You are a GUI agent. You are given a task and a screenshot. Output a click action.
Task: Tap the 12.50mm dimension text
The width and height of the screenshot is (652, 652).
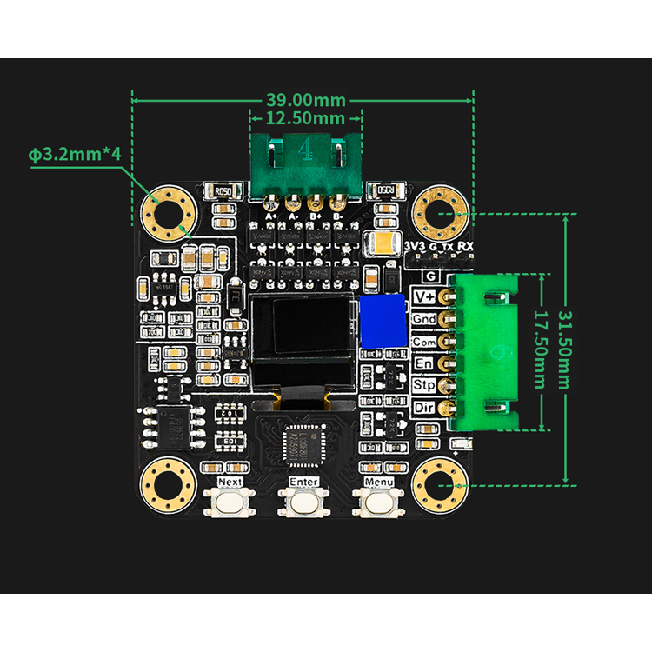point(304,117)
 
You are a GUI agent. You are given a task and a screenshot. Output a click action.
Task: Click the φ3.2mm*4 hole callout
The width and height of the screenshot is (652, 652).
point(73,155)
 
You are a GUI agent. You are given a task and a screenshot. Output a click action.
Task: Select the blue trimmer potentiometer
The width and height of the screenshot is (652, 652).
point(383,319)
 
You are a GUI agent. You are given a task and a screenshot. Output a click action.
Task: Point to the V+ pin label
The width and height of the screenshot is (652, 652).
point(425,297)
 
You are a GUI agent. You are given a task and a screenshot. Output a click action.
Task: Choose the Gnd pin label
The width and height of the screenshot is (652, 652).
point(425,319)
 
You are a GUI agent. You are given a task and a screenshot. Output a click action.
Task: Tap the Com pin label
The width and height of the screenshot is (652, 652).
point(425,342)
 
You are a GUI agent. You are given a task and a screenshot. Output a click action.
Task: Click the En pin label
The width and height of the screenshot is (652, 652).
point(425,363)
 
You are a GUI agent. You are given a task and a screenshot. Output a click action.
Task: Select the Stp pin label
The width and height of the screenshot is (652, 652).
point(425,385)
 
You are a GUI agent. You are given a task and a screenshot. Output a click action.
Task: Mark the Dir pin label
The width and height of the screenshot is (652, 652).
point(425,407)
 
